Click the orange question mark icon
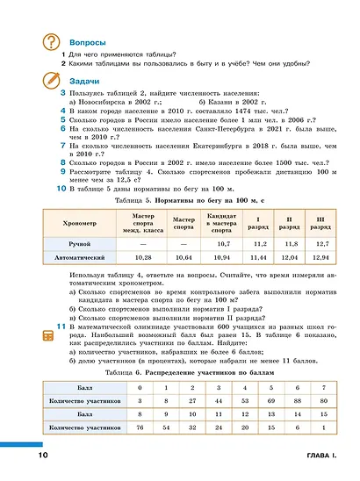pyautogui.click(x=53, y=42)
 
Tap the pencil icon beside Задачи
pyautogui.click(x=53, y=80)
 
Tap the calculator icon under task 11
pyautogui.click(x=61, y=336)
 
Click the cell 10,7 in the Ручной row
pyautogui.click(x=223, y=242)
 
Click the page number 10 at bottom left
pyautogui.click(x=43, y=456)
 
